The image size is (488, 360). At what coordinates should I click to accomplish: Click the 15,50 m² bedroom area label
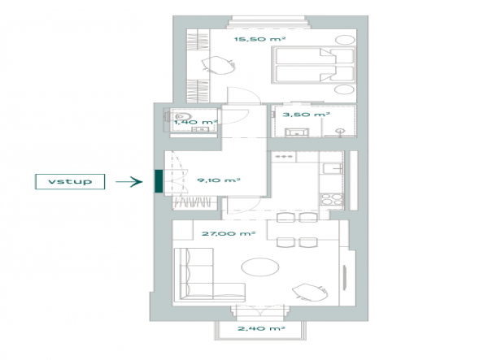click(x=260, y=39)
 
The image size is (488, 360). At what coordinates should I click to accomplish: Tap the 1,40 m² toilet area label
click(x=195, y=122)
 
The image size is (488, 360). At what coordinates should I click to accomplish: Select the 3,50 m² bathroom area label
click(x=306, y=115)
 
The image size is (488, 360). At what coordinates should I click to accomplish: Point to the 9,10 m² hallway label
click(x=219, y=180)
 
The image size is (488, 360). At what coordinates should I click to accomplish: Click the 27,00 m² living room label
click(x=229, y=233)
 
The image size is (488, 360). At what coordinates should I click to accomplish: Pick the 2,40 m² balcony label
click(x=261, y=328)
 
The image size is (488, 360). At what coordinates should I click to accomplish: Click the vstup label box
click(x=70, y=181)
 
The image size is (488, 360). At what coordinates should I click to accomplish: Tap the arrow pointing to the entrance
click(x=129, y=181)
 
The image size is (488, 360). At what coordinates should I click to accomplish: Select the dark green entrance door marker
click(x=159, y=181)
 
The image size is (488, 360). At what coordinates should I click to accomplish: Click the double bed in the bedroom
click(x=314, y=65)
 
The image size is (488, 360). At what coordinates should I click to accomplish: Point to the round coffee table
click(x=260, y=267)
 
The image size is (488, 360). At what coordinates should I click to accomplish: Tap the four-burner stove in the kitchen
click(x=332, y=199)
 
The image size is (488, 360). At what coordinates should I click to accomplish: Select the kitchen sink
click(x=333, y=168)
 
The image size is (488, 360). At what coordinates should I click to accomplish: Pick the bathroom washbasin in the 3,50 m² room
click(x=297, y=132)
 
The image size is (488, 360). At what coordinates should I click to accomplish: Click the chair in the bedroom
click(x=218, y=66)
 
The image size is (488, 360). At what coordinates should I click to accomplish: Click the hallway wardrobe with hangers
click(x=195, y=203)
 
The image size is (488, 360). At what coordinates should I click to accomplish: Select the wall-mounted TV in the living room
click(x=345, y=277)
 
